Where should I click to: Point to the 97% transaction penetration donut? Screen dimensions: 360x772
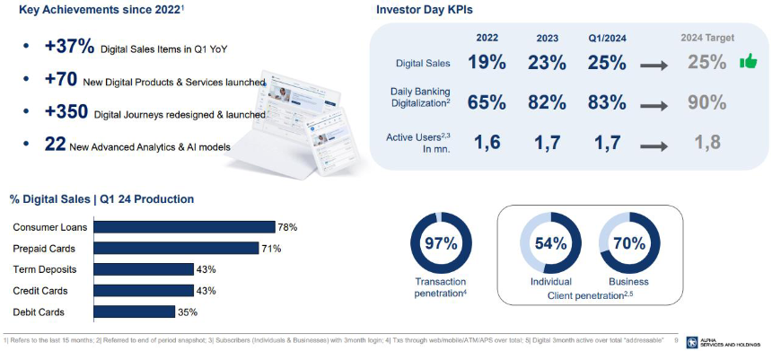tap(441, 243)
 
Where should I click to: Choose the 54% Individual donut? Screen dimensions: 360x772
tap(550, 243)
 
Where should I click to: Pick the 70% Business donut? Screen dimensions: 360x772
tap(627, 243)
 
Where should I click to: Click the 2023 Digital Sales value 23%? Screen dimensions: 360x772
tap(548, 63)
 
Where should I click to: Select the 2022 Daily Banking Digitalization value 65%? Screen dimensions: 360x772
tap(487, 102)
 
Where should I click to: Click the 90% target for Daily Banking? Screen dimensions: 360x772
tap(706, 102)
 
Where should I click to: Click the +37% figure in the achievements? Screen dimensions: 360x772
tap(69, 47)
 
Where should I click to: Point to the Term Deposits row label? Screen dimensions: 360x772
tap(45, 269)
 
